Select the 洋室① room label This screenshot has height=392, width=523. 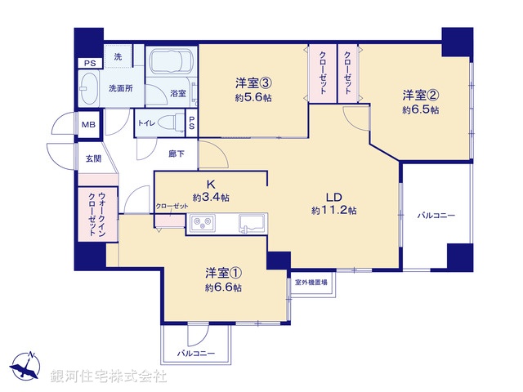(223, 273)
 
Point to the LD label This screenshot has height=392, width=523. (333, 197)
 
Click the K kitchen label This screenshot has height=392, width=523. (210, 185)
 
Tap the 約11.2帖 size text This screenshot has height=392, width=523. (333, 211)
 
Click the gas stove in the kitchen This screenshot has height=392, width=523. (202, 222)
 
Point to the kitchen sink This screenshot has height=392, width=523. (249, 222)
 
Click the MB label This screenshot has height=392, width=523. (87, 125)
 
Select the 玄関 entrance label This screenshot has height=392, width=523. (92, 158)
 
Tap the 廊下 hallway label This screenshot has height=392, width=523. (177, 153)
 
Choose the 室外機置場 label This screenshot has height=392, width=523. (311, 283)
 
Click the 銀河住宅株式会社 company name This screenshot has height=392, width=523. (109, 376)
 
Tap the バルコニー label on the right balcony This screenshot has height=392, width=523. (436, 216)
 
